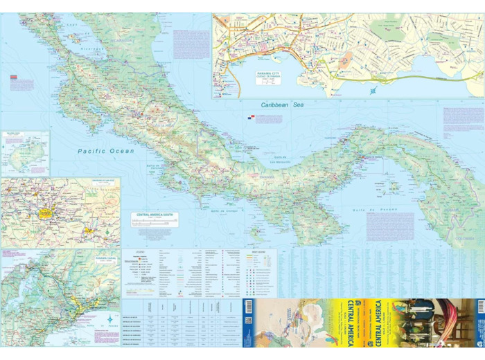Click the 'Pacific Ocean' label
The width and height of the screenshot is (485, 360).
coord(105,151)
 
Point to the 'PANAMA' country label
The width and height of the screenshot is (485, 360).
coord(267,177)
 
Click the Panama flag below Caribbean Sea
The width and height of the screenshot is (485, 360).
coord(251,117)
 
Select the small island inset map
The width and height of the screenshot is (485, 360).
coord(25,153)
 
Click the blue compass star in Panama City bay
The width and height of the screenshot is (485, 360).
coord(374,90)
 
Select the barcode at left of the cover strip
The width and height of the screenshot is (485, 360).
coord(248,323)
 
